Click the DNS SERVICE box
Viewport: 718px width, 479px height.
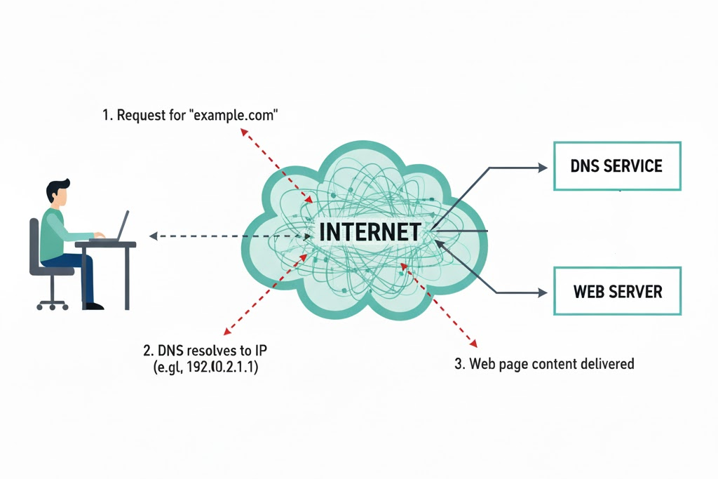click(x=617, y=166)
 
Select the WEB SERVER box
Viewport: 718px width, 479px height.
click(x=617, y=291)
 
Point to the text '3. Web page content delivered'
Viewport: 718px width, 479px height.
click(x=544, y=364)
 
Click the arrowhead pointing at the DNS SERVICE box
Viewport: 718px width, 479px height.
click(x=542, y=168)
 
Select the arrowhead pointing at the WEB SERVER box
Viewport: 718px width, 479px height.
click(x=542, y=292)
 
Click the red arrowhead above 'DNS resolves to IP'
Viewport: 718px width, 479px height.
click(x=225, y=332)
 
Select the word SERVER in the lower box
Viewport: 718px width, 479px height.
click(x=637, y=292)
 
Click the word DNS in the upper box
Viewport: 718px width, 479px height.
click(x=585, y=166)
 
